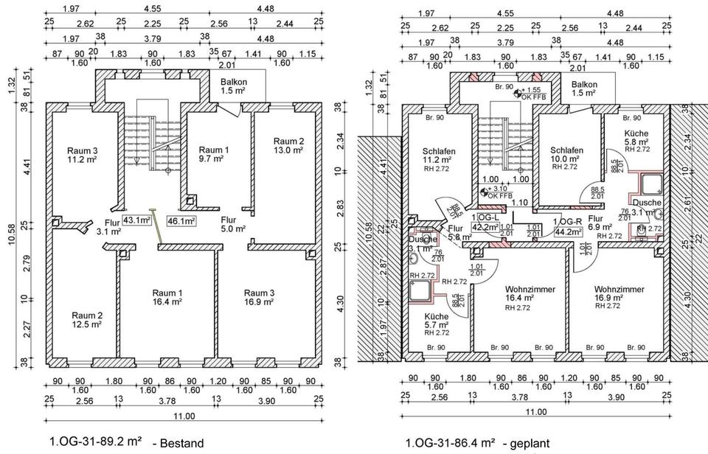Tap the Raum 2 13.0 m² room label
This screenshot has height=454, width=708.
coord(288,145)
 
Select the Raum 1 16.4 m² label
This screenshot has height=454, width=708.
coord(168,297)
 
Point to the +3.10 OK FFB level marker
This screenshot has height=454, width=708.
coord(495,192)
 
